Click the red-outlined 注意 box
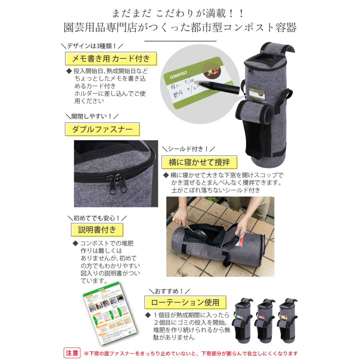point(72,354)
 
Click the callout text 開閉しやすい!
point(92,116)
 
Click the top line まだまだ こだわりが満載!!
point(180,13)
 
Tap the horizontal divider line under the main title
point(180,41)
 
